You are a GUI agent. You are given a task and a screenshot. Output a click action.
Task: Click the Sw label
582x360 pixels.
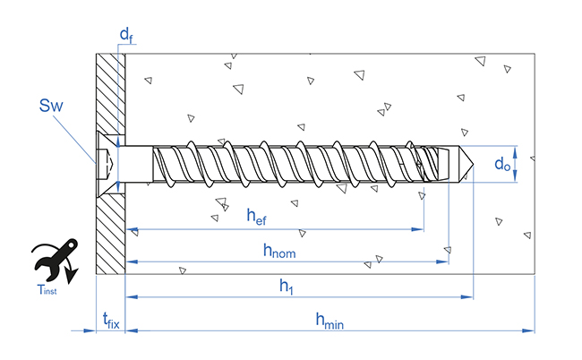point(51,107)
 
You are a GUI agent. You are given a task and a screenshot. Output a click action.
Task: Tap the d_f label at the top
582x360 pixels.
point(126,36)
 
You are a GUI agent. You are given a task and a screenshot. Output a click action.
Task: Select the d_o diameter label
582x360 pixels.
point(502,164)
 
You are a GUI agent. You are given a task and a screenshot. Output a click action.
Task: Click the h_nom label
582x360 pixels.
point(278,251)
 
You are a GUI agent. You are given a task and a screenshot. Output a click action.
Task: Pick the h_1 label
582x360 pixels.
point(286,286)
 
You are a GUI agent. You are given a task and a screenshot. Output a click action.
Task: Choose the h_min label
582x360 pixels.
point(329,319)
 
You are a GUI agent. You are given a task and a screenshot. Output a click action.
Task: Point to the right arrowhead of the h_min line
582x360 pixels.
point(530,330)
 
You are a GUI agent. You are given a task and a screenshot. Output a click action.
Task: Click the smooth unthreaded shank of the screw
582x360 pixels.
point(136,164)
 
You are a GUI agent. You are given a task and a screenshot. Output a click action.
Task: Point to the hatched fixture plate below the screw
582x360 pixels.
point(110,233)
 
